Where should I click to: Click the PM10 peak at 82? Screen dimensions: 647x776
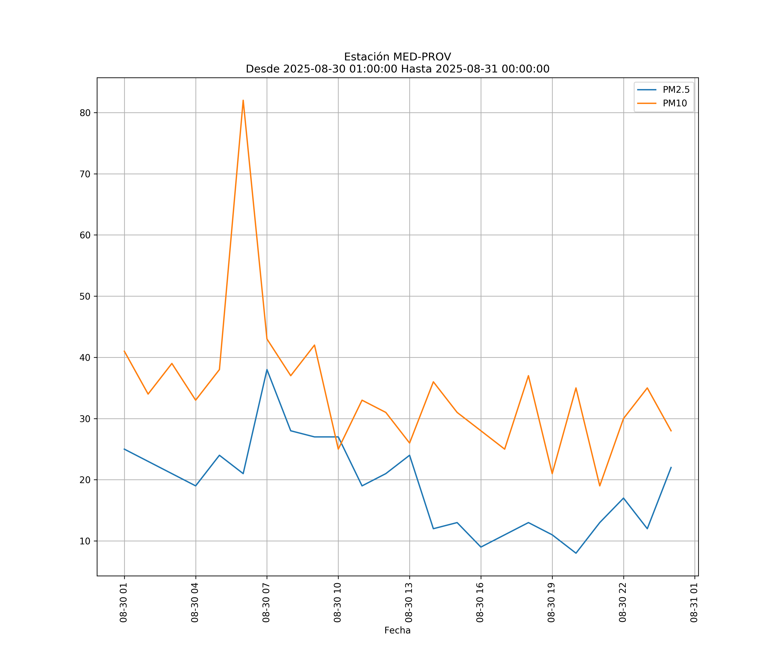243,100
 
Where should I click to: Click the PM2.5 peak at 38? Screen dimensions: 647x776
267,370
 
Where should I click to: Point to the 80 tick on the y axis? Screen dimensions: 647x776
85,113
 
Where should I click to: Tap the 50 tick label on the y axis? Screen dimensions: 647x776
85,296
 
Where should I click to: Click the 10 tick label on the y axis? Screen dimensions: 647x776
85,541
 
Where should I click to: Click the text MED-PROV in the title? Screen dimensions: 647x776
422,57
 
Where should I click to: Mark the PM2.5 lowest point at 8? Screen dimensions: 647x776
576,553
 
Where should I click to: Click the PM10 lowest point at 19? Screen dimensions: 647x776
600,486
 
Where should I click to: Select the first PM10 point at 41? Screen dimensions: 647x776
124,351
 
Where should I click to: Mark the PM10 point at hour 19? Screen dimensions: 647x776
552,474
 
